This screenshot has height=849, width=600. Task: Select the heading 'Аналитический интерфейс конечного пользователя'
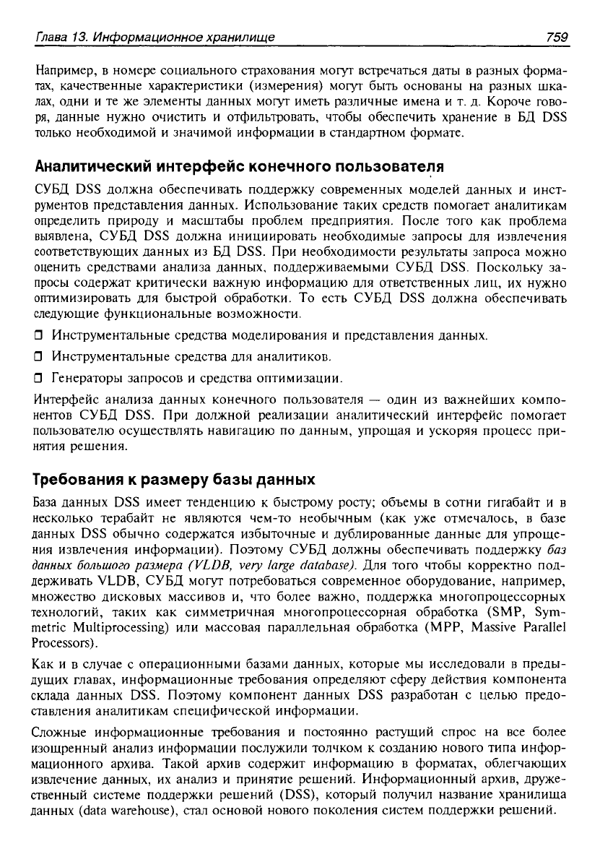tap(239, 166)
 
